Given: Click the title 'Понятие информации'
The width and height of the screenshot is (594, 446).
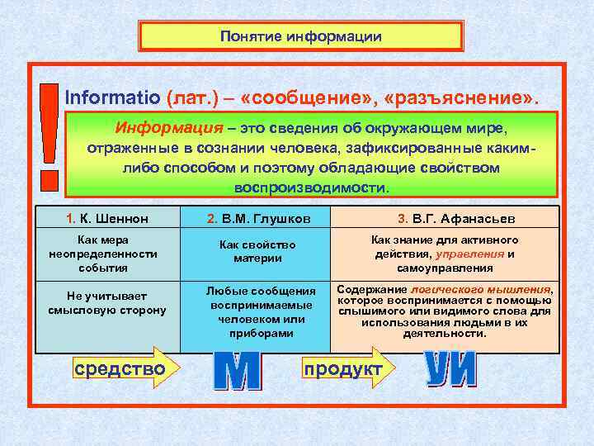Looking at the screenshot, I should coord(301,36).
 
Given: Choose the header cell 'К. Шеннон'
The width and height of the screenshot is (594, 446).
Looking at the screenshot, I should coord(107,218).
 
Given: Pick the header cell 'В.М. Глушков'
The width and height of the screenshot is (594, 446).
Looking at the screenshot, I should coord(254,218).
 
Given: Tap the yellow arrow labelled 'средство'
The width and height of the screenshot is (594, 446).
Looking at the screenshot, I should coord(124,368).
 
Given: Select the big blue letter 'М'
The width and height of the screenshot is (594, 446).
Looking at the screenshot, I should coord(237,371).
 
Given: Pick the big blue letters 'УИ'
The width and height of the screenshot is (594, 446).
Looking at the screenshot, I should coord(450,369).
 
